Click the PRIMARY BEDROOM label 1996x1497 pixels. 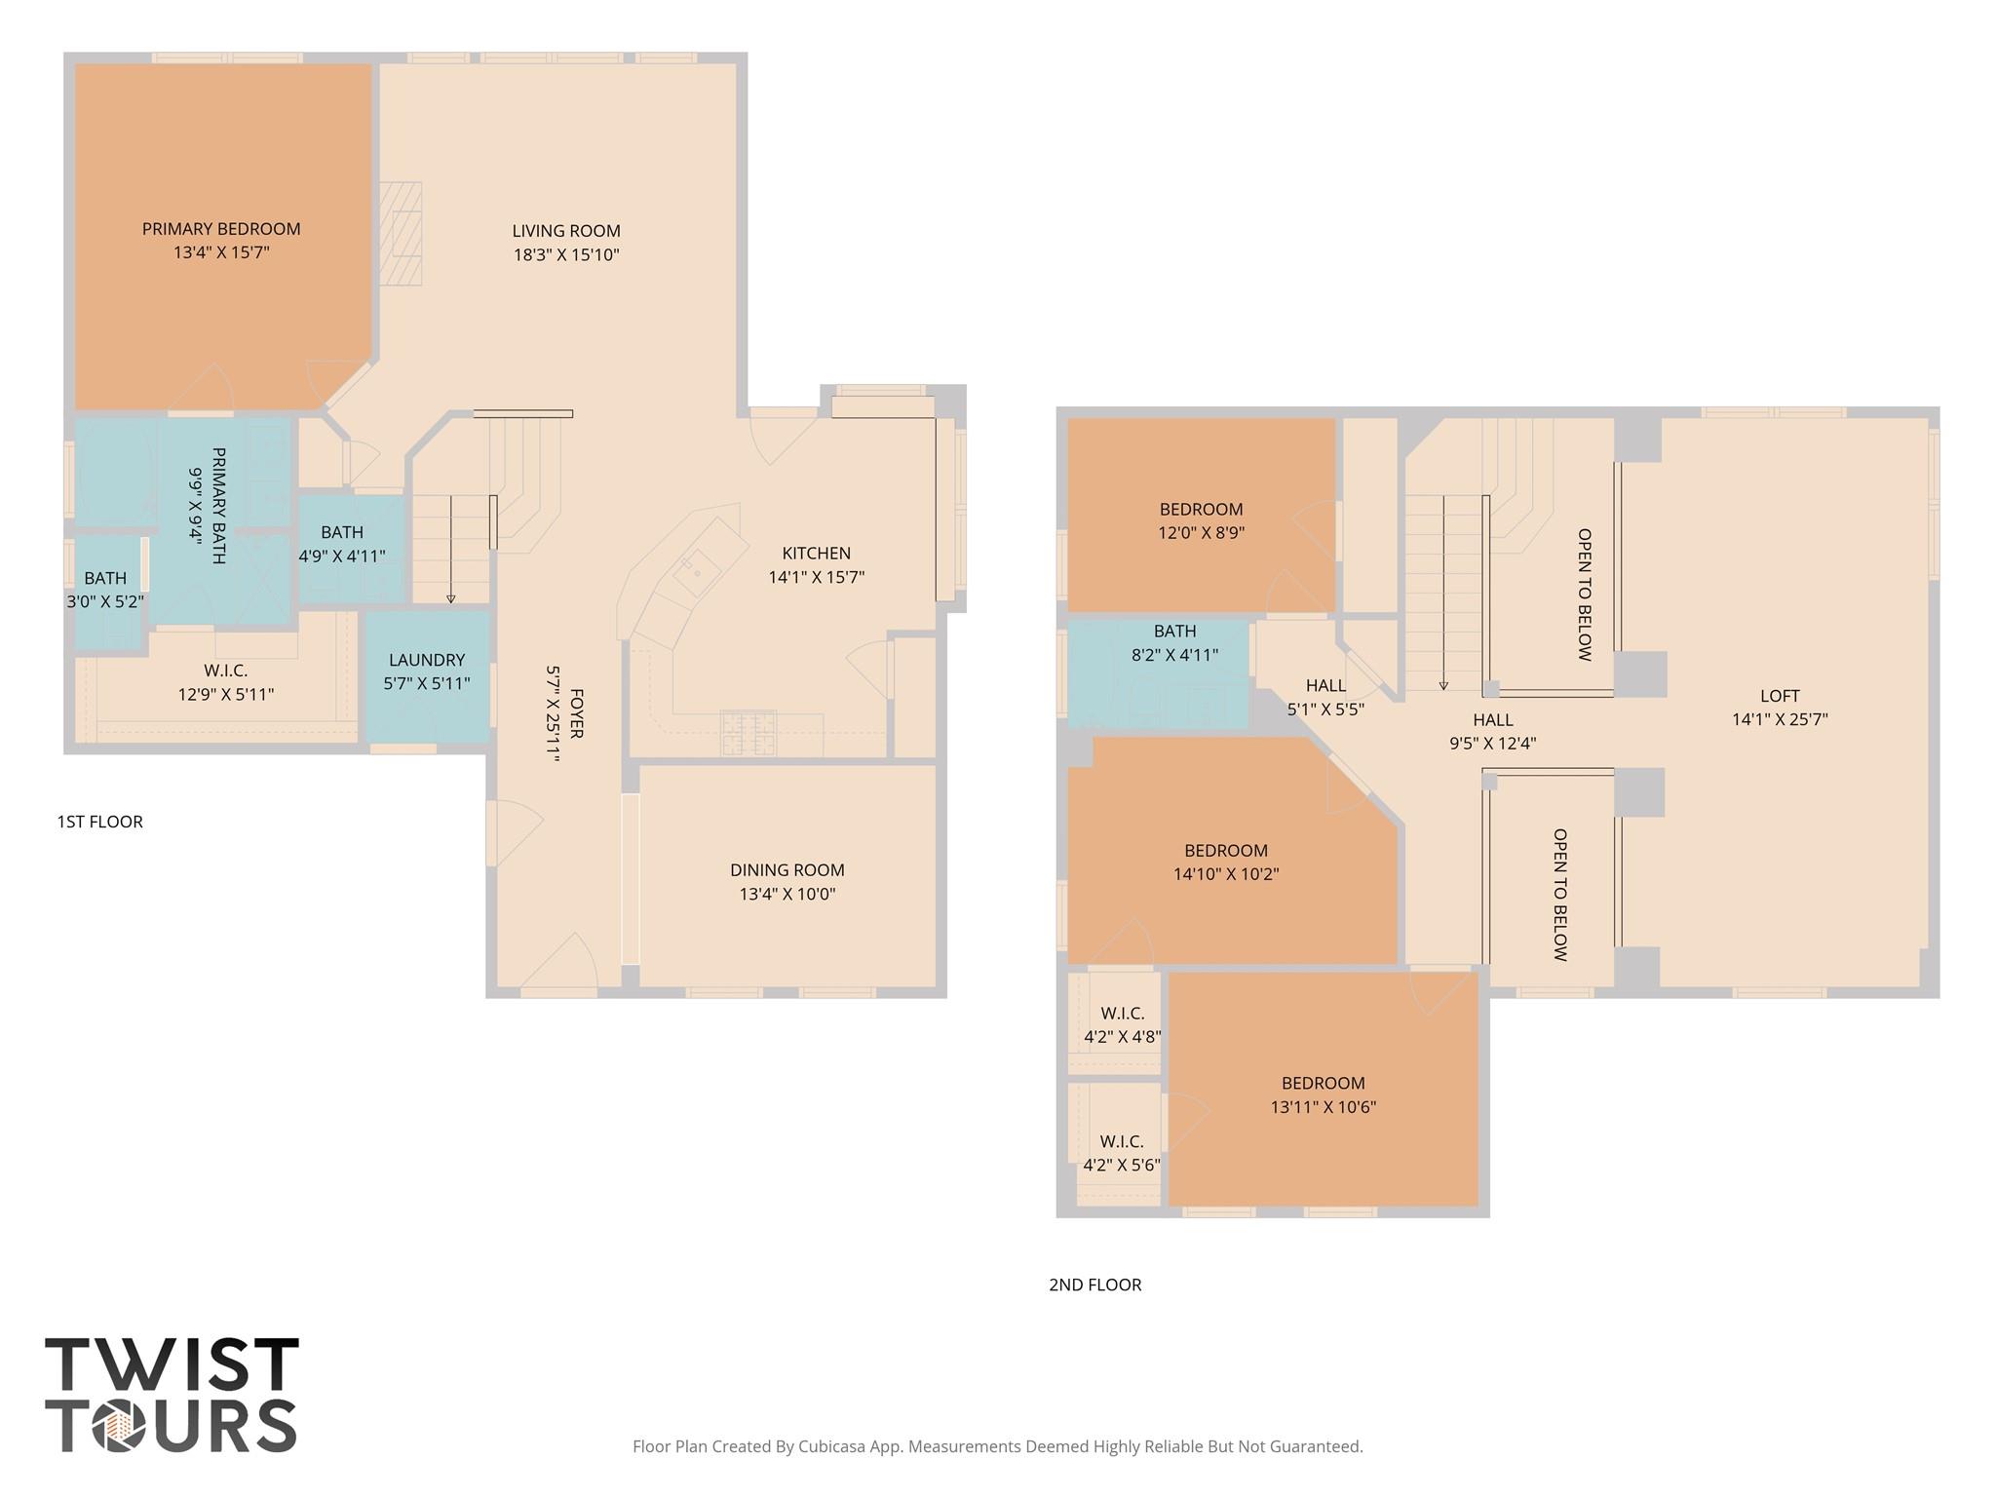[221, 229]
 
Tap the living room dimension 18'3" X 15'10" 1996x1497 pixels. [566, 255]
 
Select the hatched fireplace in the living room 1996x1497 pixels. [401, 234]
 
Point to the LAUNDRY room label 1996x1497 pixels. [427, 660]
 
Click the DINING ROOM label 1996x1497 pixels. [787, 870]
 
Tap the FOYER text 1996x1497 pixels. [576, 713]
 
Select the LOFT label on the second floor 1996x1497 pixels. [1779, 696]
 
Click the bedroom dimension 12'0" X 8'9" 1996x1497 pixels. [1201, 533]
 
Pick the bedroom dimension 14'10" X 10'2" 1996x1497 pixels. [1225, 875]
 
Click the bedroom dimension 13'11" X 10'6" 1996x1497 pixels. [1323, 1107]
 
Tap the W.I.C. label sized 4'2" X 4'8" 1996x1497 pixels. [1122, 1014]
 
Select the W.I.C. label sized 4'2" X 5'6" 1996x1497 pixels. [1121, 1141]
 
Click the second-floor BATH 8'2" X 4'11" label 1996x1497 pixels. [1174, 632]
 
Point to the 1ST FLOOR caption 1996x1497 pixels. [99, 822]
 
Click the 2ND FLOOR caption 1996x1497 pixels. [1094, 1285]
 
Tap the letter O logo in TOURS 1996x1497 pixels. [119, 1426]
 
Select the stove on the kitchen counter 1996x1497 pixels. [748, 733]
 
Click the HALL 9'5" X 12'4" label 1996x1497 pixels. [1492, 720]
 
